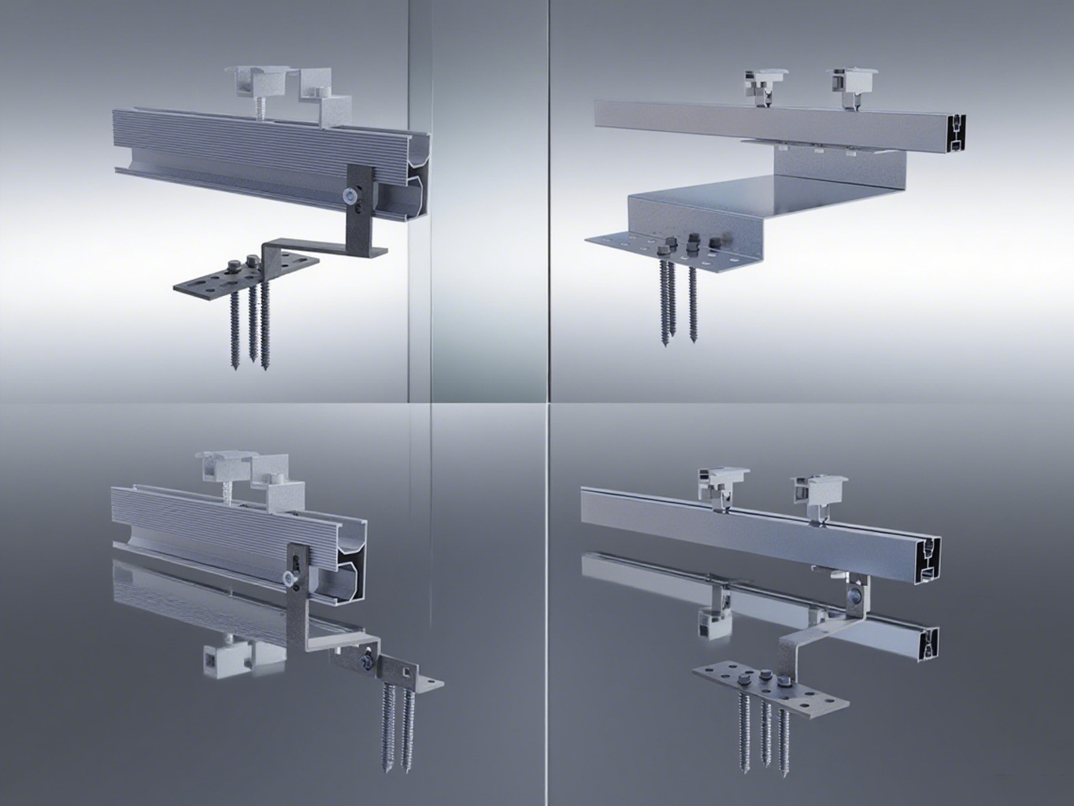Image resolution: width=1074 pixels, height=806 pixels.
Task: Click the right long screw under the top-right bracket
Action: (x=693, y=299)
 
